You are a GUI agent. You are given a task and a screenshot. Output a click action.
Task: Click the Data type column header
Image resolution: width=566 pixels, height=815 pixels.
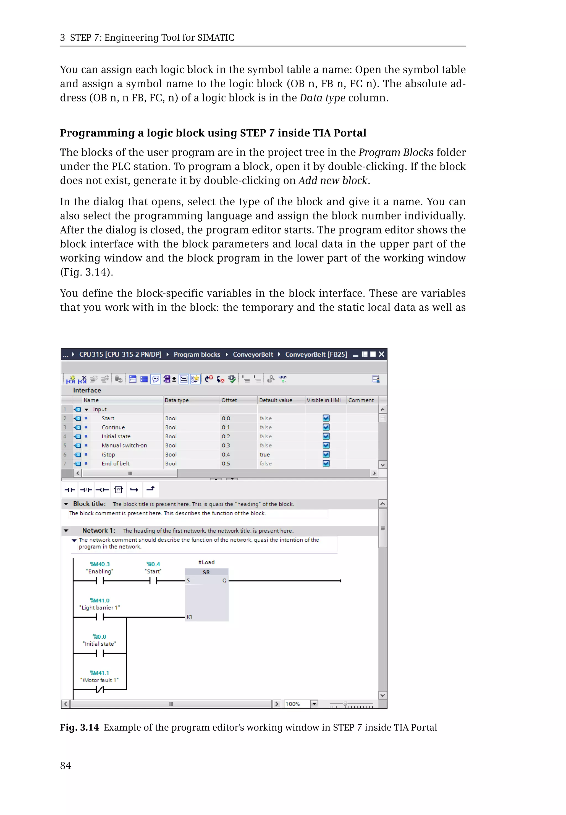[177, 400]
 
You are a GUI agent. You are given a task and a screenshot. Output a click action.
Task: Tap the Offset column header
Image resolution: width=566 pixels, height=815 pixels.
[229, 400]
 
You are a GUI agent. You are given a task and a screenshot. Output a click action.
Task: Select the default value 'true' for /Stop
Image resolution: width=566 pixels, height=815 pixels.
[264, 454]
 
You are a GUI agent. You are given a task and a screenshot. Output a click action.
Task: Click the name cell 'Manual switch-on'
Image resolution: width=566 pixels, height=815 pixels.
[124, 446]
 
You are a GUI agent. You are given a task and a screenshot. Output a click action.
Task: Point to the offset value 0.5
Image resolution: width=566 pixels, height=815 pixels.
[226, 463]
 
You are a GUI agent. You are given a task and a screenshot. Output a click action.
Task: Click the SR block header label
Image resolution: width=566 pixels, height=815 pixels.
[206, 572]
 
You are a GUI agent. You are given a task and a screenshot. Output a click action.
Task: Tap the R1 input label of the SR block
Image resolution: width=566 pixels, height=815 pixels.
[189, 617]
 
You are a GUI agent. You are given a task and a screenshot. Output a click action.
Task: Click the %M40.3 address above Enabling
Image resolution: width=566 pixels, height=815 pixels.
[100, 564]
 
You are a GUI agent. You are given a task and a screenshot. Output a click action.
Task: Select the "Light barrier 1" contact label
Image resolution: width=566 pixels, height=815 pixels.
[100, 607]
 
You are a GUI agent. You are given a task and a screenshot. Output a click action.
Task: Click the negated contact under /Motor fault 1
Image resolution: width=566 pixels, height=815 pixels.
[100, 690]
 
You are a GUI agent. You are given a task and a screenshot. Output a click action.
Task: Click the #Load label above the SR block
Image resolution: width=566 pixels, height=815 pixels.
[206, 562]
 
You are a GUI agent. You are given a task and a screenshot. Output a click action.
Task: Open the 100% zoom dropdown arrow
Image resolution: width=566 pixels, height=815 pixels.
[314, 704]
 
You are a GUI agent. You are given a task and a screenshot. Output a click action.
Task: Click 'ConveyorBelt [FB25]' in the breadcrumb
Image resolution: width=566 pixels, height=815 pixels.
[316, 354]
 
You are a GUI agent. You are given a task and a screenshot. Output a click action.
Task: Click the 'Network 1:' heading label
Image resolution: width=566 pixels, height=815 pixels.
[99, 531]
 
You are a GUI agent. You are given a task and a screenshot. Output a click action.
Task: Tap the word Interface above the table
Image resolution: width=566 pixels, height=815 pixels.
[87, 390]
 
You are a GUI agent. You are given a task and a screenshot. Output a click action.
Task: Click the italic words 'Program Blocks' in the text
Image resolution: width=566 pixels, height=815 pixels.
[396, 152]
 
